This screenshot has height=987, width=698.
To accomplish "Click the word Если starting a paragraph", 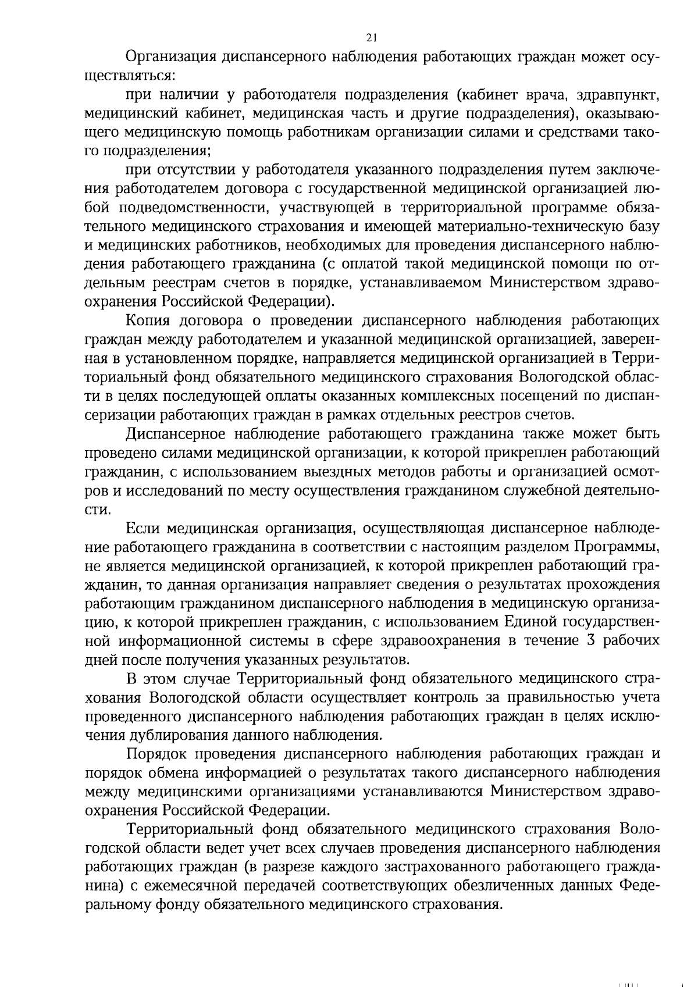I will pyautogui.click(x=143, y=528).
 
